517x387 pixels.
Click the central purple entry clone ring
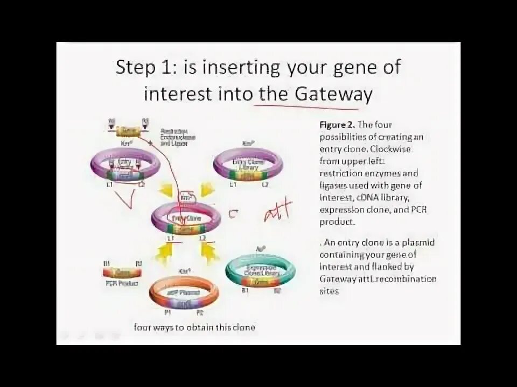point(186,217)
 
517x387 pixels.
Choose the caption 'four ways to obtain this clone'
point(194,327)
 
